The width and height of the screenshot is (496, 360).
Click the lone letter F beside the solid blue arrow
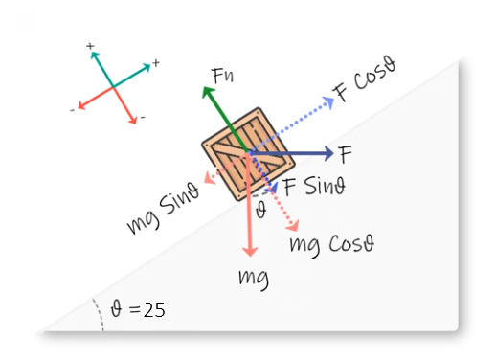point(346,152)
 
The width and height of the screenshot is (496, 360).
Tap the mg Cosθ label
point(331,243)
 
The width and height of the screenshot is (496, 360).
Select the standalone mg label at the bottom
point(253,279)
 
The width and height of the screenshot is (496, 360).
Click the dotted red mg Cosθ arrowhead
point(293,228)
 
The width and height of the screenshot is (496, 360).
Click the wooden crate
point(241,153)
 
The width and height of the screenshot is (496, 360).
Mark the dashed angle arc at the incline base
point(99,315)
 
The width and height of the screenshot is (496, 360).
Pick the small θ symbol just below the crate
point(260,209)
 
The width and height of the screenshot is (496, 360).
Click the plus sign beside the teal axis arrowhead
point(155,63)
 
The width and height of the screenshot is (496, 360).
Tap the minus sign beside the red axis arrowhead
point(73,110)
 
